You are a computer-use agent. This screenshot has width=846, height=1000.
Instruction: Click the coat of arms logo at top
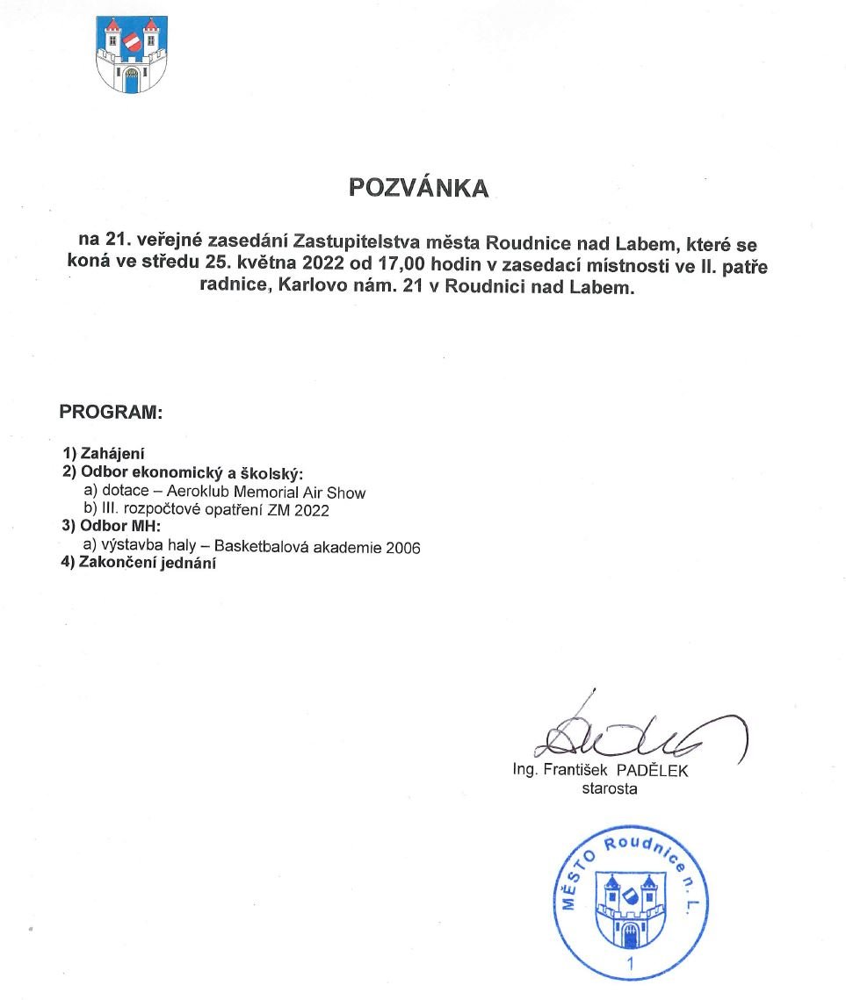point(131,54)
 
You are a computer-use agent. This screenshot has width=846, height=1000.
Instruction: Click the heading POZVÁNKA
point(418,188)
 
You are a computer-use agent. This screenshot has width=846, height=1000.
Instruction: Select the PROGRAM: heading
point(111,412)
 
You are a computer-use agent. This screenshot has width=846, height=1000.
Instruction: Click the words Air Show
point(336,492)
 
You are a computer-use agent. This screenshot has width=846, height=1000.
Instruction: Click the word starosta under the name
point(609,788)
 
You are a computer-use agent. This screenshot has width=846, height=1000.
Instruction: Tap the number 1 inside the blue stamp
point(629,965)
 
